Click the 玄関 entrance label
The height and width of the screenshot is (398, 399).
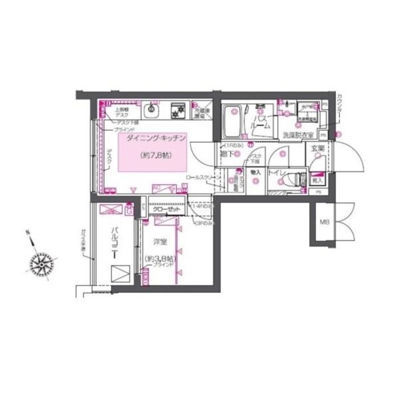317,148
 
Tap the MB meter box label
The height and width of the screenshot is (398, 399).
324,222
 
